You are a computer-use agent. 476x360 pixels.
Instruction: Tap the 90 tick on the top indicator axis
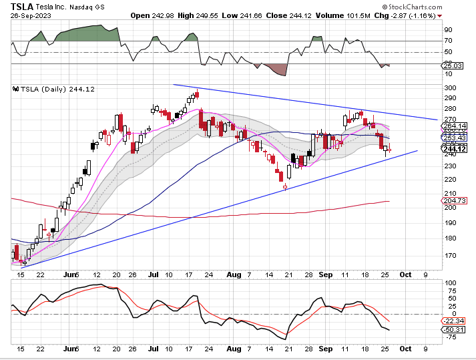(x=448, y=30)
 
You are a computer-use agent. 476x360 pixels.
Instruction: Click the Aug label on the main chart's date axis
(x=234, y=274)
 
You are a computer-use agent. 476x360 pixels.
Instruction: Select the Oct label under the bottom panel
(x=405, y=349)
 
